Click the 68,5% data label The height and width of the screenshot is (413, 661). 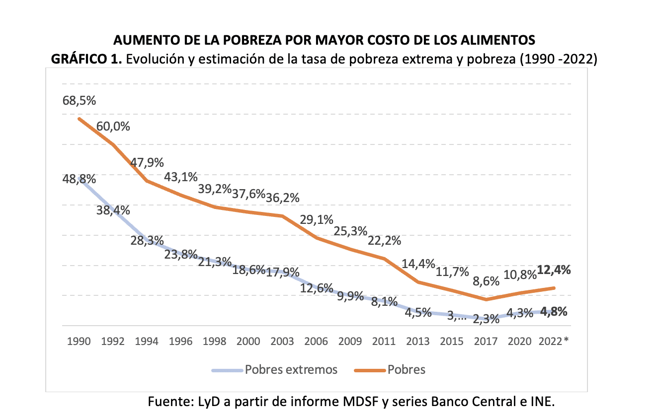pyautogui.click(x=80, y=100)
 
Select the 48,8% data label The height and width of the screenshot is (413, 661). pyautogui.click(x=80, y=179)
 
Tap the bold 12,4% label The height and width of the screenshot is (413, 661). pyautogui.click(x=554, y=271)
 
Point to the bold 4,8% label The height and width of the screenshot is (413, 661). pyautogui.click(x=554, y=312)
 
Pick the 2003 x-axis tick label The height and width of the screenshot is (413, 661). pyautogui.click(x=282, y=342)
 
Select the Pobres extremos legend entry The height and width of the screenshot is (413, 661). pyautogui.click(x=291, y=370)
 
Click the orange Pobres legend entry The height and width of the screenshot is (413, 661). pyautogui.click(x=407, y=370)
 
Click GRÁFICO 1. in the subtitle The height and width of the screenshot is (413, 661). pyautogui.click(x=87, y=59)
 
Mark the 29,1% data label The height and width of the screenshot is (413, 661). pyautogui.click(x=316, y=219)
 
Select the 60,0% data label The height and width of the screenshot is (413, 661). pyautogui.click(x=113, y=126)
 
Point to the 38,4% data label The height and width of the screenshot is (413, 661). pyautogui.click(x=113, y=210)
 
